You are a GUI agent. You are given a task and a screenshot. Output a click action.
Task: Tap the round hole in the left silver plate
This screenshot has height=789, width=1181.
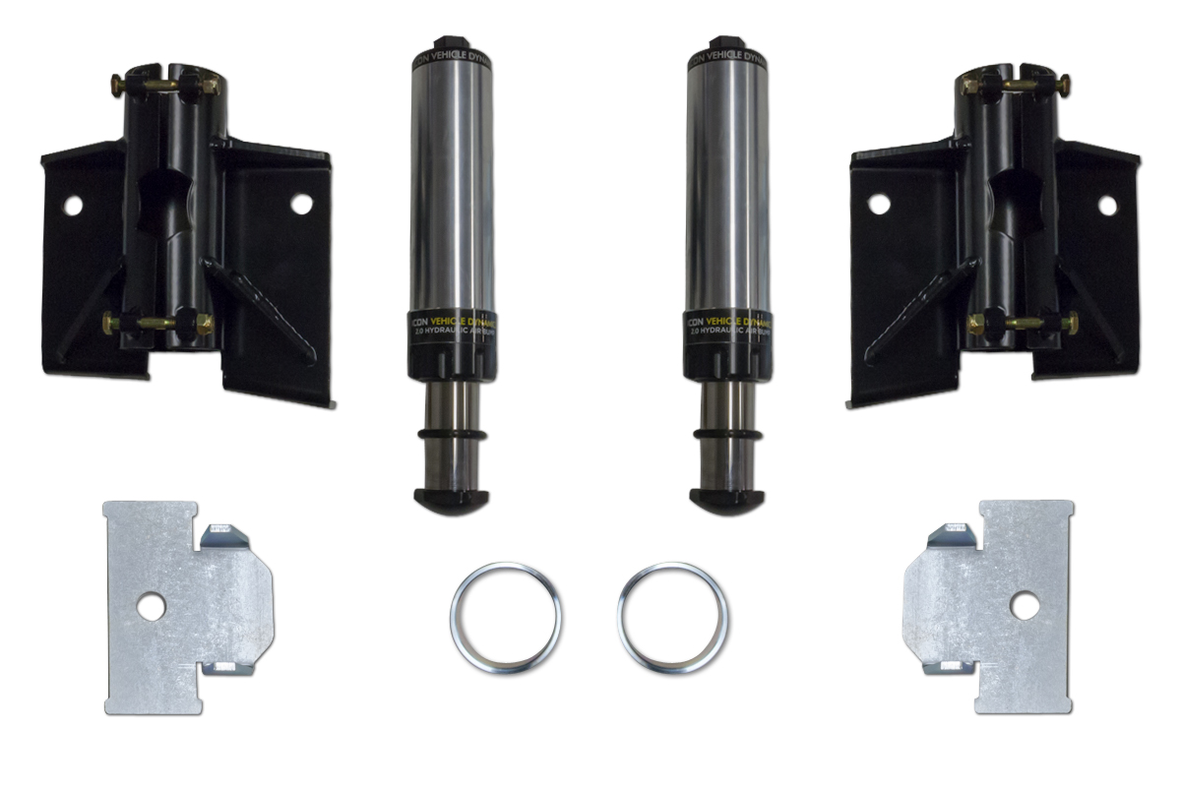pyautogui.click(x=151, y=607)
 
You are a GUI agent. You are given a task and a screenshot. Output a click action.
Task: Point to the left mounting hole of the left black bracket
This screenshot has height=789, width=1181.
pyautogui.click(x=72, y=206)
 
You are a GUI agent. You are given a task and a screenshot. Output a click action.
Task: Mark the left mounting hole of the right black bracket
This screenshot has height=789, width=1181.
pyautogui.click(x=879, y=204)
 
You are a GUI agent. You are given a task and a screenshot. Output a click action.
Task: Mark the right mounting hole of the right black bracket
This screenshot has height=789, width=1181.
pyautogui.click(x=1108, y=206)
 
